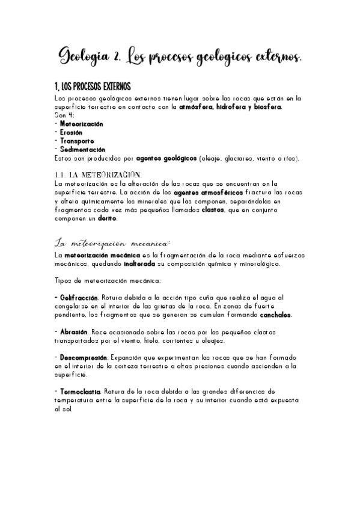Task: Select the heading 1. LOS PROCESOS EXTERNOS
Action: (x=93, y=87)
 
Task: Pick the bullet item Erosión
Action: (x=71, y=132)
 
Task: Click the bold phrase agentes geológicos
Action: (x=166, y=158)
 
